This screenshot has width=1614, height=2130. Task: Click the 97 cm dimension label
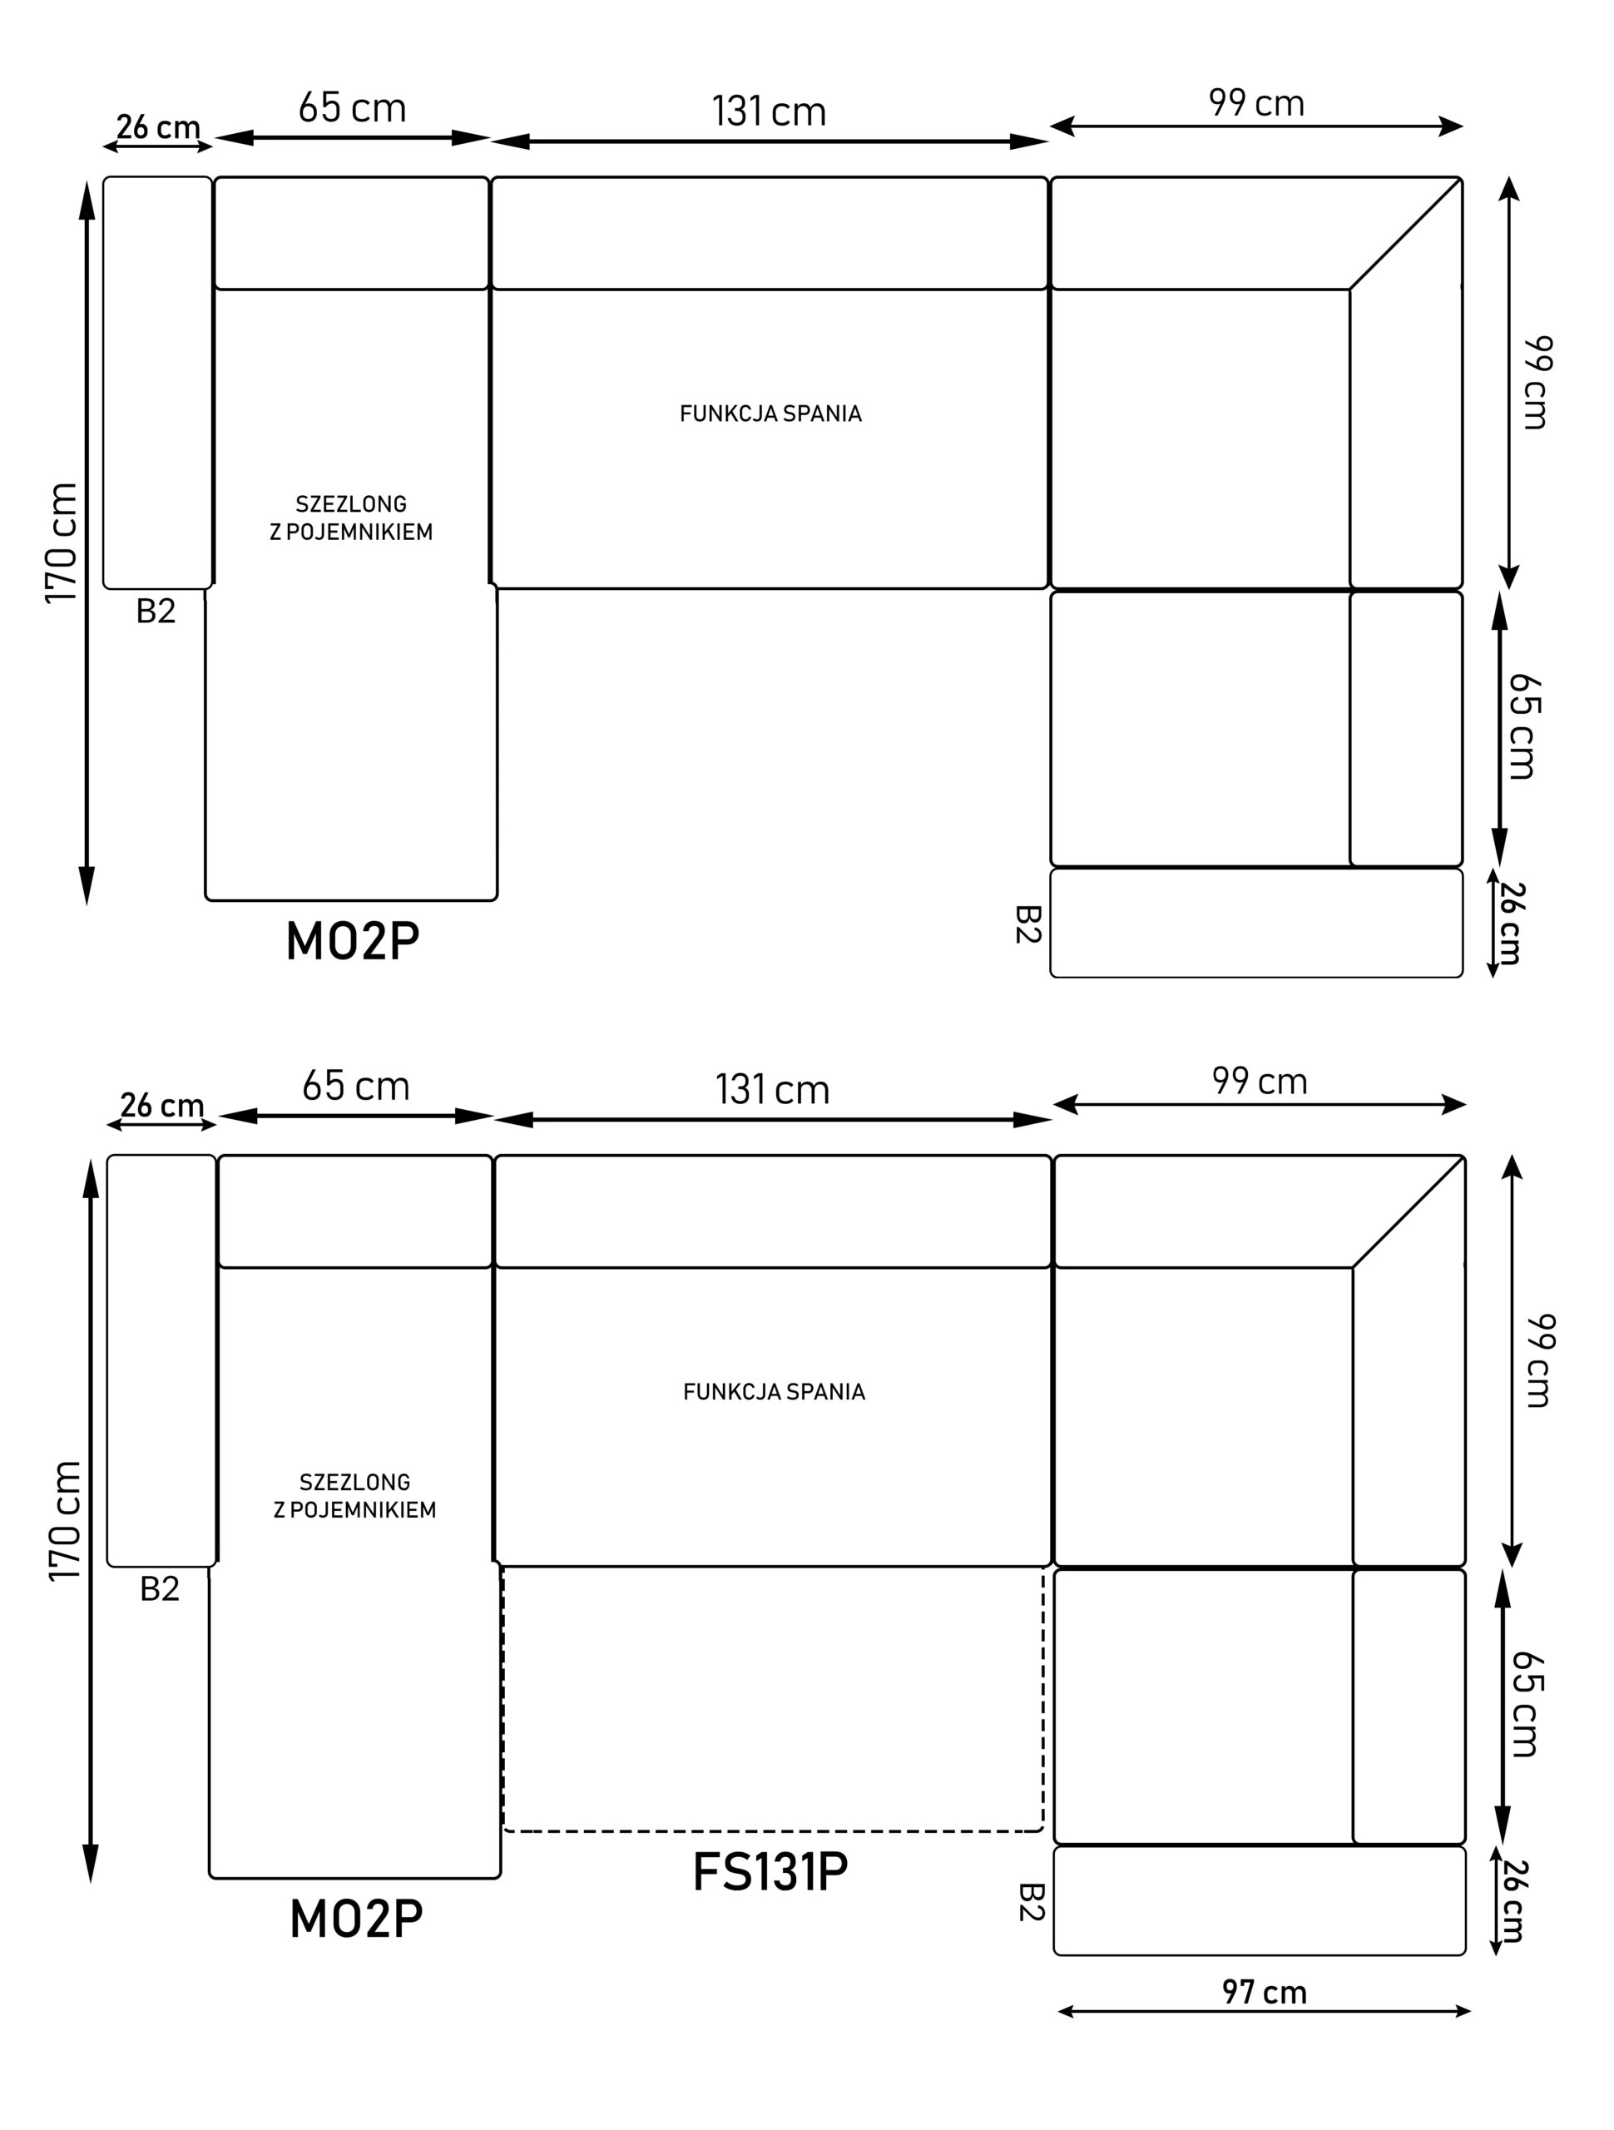(x=1265, y=1990)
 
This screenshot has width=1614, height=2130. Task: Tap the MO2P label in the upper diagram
(x=353, y=941)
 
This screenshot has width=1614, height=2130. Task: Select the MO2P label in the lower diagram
(x=356, y=1918)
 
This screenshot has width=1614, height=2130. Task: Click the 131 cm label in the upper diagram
(x=769, y=111)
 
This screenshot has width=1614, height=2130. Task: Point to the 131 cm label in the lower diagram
(x=772, y=1089)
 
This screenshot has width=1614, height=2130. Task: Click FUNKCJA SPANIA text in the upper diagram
(x=770, y=414)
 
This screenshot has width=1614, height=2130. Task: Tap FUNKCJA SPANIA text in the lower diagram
(x=775, y=1391)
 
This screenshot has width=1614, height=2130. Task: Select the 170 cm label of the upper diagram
(x=62, y=543)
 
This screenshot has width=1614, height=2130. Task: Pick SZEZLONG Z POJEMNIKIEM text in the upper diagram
(x=351, y=518)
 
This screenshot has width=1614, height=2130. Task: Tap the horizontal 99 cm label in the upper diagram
(x=1257, y=103)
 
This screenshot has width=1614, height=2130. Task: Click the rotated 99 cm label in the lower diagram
(x=1540, y=1360)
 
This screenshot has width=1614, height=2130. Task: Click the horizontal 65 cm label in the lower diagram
(x=355, y=1085)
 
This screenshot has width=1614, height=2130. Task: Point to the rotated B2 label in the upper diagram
(x=1028, y=924)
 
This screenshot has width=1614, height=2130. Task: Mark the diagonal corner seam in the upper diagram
(x=1405, y=234)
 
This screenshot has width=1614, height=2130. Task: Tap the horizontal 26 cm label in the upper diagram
(x=158, y=127)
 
